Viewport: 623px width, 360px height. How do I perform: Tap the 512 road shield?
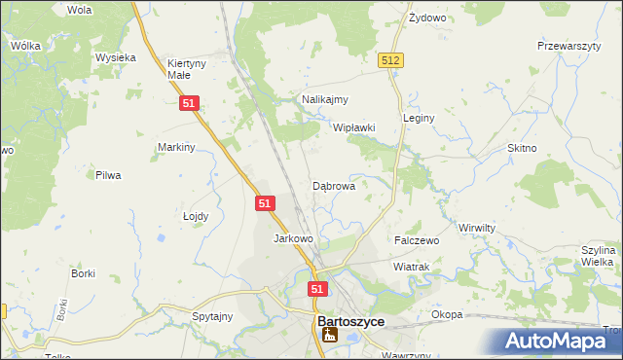[391, 60]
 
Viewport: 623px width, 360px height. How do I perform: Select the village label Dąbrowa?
[333, 185]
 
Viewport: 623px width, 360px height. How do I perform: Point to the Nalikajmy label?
[325, 99]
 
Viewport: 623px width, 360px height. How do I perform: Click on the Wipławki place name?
[354, 127]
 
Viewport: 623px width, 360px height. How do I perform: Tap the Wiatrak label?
[412, 266]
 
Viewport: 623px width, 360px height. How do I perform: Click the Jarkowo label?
[293, 238]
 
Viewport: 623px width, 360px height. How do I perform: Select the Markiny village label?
[177, 147]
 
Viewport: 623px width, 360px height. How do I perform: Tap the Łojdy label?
[196, 217]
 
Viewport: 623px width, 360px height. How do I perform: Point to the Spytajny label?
[212, 316]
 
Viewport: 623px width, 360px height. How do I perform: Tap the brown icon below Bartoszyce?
[331, 336]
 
